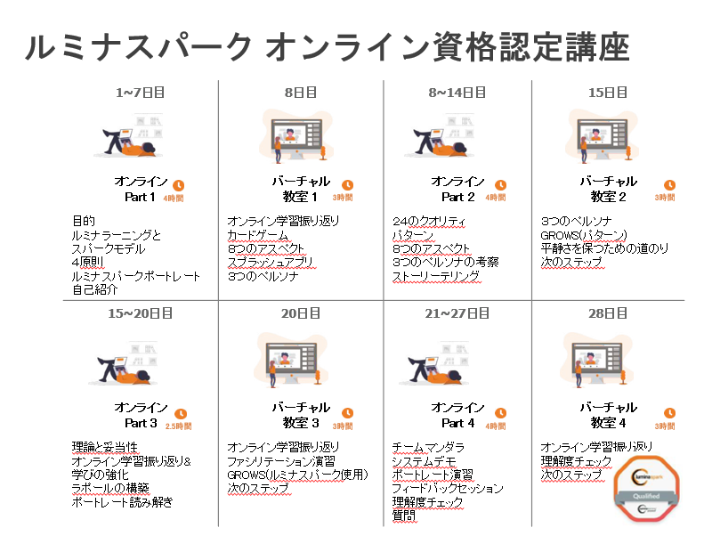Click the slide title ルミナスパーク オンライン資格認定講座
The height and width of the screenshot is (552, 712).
[x=328, y=47]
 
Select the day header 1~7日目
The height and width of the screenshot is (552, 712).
[x=141, y=92]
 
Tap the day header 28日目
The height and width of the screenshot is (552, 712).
[x=609, y=313]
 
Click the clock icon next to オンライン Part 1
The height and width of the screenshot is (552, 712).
[x=180, y=185]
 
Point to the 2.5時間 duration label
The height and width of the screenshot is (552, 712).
[x=179, y=426]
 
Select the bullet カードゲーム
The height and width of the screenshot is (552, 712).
[x=257, y=235]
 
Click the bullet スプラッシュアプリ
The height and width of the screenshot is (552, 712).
[x=271, y=263]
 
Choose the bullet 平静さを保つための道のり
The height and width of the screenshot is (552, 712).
[x=604, y=249]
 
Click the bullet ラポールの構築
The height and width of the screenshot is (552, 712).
[x=109, y=488]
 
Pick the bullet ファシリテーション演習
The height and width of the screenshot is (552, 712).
[x=281, y=461]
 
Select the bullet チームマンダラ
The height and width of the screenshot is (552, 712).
[x=430, y=447]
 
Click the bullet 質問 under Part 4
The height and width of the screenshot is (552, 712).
[x=404, y=516]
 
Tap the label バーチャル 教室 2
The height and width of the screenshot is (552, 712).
[x=609, y=189]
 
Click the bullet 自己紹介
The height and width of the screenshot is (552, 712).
[x=96, y=290]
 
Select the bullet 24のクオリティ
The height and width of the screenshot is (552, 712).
[x=429, y=221]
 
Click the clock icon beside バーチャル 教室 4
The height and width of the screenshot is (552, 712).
[x=669, y=412]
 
